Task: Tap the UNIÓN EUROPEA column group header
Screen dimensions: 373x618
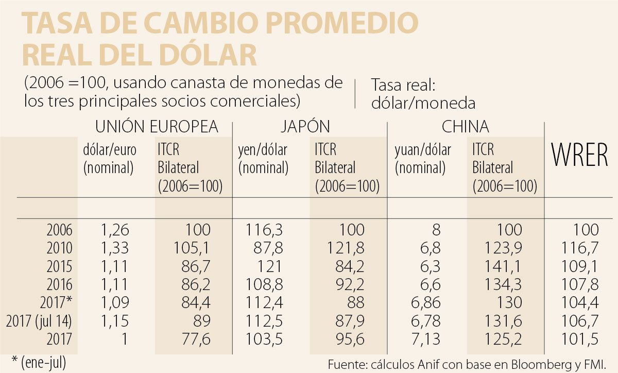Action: click(x=157, y=127)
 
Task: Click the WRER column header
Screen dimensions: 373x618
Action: click(x=580, y=156)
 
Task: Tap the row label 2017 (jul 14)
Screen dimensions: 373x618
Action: click(x=39, y=321)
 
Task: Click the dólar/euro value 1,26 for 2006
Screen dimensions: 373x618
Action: click(x=113, y=230)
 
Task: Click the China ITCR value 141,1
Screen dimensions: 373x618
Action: click(x=505, y=266)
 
